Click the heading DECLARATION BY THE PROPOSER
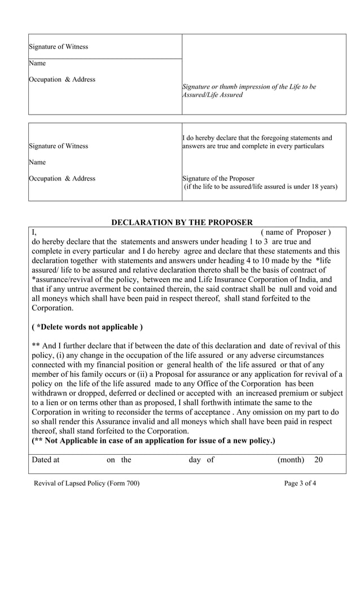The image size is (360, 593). click(182, 223)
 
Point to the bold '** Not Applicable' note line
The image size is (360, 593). click(153, 440)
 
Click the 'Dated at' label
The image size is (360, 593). click(46, 460)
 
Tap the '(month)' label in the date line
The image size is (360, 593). click(291, 460)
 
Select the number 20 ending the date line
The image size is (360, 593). click(318, 460)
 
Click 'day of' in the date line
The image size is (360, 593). click(201, 460)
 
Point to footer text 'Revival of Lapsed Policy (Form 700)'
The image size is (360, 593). click(86, 483)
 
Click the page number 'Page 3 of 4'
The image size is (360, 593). click(300, 483)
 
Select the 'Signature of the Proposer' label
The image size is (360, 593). click(218, 178)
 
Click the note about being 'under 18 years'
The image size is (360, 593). click(261, 187)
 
